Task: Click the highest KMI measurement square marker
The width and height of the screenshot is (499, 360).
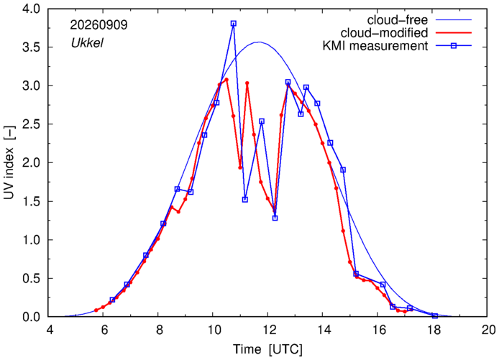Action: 233,24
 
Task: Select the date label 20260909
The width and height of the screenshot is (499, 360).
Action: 99,25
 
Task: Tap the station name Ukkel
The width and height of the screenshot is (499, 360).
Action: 87,43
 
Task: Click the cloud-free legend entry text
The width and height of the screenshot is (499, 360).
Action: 398,20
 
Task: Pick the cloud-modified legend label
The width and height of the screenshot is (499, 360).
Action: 384,33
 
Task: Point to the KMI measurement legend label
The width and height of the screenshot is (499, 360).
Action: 375,46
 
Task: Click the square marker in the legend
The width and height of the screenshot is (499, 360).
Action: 454,46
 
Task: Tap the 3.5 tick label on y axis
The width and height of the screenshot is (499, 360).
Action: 31,47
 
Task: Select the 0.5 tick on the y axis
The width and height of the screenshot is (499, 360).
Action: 31,279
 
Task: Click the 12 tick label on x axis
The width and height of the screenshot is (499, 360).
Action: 267,330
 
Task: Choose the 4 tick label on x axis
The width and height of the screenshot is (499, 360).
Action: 50,330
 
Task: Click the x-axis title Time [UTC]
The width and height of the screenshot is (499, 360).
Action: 267,349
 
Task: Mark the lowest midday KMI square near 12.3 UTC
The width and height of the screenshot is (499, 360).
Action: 275,218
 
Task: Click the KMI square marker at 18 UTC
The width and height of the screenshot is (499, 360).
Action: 435,315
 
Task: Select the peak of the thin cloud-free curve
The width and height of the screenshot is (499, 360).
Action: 259,42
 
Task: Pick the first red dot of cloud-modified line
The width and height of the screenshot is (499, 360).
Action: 96,310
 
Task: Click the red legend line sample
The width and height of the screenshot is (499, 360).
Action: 454,33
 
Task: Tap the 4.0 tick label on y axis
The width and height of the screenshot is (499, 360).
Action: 31,9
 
